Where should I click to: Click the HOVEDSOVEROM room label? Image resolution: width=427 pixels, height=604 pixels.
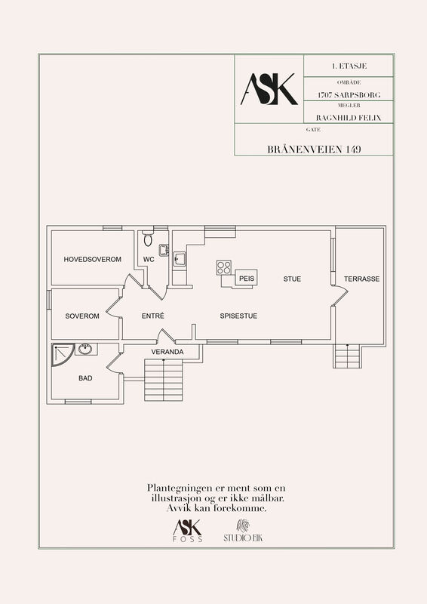(x=92, y=259)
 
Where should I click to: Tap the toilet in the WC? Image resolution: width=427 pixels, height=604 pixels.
(x=148, y=239)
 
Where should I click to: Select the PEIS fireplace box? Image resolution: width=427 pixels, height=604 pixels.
(x=246, y=278)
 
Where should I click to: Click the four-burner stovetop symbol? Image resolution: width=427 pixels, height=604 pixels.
(x=224, y=268)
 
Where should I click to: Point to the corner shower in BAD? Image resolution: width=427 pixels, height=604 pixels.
(x=62, y=355)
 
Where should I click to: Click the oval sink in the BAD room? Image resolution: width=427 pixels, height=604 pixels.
(x=85, y=350)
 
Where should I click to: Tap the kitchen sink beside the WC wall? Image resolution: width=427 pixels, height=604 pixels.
(x=180, y=259)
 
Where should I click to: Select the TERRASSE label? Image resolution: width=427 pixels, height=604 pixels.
(x=361, y=279)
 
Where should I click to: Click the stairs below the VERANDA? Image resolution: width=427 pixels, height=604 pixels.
(x=164, y=381)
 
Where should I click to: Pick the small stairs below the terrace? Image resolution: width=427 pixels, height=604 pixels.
(x=347, y=356)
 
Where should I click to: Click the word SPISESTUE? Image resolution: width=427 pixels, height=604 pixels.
(x=238, y=316)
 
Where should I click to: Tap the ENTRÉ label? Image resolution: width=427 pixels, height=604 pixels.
(x=153, y=316)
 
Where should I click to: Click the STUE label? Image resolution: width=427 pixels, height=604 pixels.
(x=292, y=279)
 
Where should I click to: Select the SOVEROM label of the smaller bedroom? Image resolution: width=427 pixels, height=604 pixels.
(x=82, y=316)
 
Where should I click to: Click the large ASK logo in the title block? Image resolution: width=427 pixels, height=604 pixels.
(x=269, y=89)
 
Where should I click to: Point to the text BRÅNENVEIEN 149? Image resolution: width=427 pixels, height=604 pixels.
(x=314, y=149)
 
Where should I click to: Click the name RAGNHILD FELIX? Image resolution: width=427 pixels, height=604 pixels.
(x=349, y=118)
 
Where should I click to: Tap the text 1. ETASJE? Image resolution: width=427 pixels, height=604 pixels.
(x=349, y=66)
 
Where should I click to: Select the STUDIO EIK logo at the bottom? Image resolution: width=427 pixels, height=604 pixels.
(x=243, y=531)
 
